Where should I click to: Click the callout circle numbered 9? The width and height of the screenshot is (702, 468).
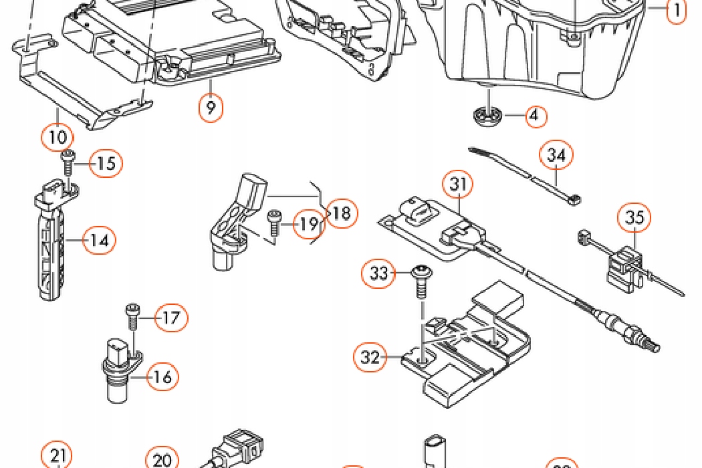point(211,106)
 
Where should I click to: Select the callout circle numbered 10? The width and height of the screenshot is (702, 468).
point(57,137)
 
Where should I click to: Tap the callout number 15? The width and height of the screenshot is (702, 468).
point(106,163)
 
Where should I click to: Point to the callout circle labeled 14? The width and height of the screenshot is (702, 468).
point(100,241)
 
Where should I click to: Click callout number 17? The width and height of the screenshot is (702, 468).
point(171,318)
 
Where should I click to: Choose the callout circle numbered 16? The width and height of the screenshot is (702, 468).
point(162,376)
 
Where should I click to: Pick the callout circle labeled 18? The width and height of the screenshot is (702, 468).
point(342,213)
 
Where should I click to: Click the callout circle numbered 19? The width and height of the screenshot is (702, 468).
point(309,223)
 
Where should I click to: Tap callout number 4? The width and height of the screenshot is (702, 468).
point(535,116)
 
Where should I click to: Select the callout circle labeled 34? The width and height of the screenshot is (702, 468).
point(556,155)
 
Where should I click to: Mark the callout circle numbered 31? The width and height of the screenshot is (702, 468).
point(458,184)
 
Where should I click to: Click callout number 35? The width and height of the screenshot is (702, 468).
point(634,217)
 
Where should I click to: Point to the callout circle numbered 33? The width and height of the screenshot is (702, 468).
point(379,273)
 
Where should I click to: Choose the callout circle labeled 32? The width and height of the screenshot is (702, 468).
point(370,357)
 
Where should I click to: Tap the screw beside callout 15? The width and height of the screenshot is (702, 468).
point(68,163)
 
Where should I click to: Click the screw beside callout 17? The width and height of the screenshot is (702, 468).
point(132,316)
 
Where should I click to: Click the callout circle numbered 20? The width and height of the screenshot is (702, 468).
point(162,458)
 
